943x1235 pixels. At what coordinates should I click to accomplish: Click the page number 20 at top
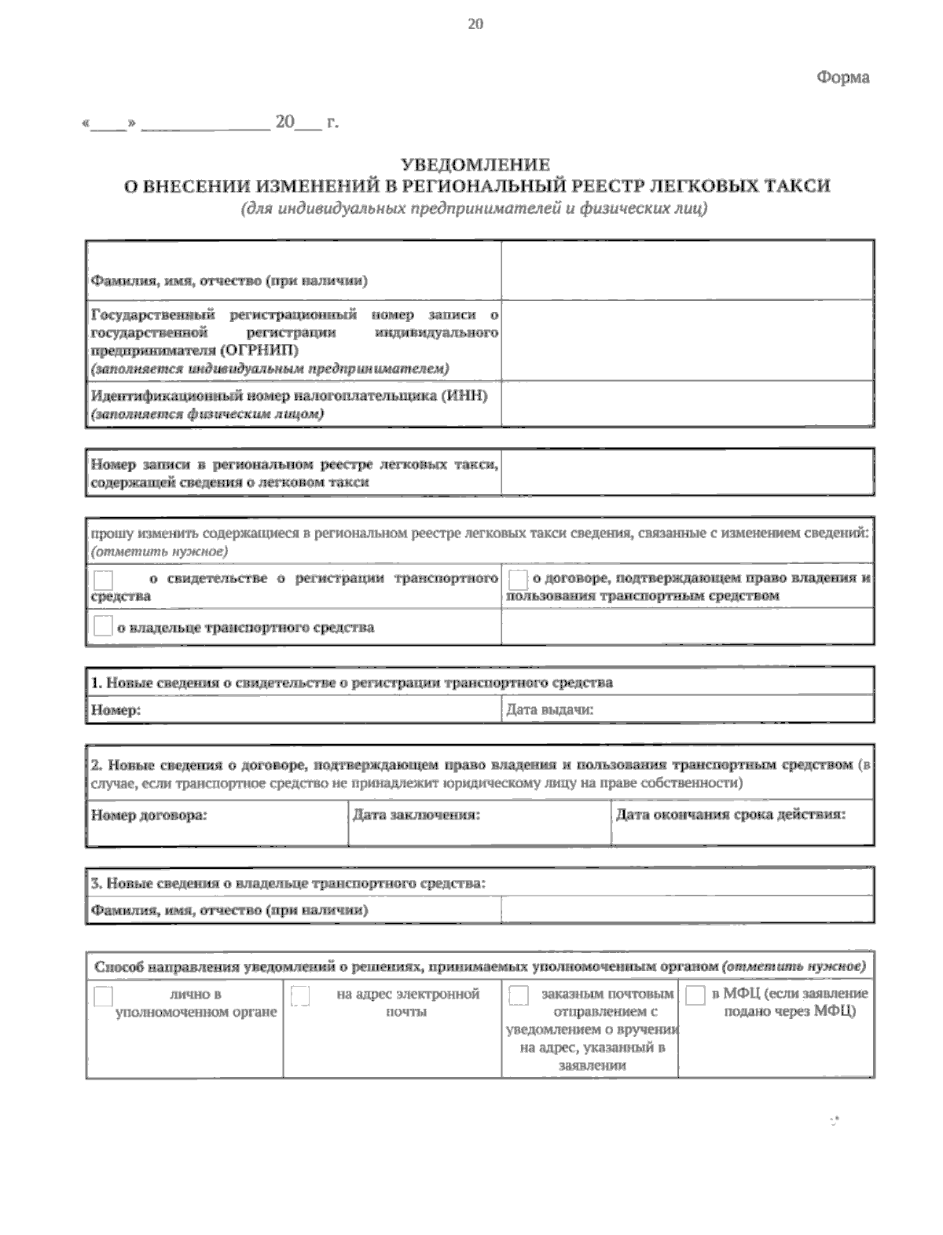click(475, 24)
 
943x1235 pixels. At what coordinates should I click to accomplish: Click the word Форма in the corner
click(842, 78)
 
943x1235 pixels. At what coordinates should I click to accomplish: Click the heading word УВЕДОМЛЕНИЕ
click(475, 164)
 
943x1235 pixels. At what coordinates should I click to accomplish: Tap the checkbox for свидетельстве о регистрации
click(103, 581)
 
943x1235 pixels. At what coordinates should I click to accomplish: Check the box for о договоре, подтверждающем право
click(518, 581)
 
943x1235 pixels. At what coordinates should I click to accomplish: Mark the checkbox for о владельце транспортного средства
click(103, 627)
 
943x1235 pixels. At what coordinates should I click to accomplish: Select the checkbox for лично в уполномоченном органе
click(103, 996)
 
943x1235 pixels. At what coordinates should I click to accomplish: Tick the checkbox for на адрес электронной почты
click(300, 996)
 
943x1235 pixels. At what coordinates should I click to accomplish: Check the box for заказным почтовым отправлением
click(519, 996)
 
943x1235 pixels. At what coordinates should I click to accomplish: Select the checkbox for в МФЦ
click(695, 996)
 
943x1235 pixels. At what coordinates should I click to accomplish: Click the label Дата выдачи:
click(549, 710)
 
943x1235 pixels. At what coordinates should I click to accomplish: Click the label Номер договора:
click(149, 815)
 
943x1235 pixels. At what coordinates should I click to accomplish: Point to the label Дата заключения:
click(416, 815)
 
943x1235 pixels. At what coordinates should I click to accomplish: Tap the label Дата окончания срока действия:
click(731, 815)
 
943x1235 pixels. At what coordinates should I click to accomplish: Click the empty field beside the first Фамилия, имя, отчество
click(687, 270)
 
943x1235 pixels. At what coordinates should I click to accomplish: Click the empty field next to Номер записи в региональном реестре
click(687, 472)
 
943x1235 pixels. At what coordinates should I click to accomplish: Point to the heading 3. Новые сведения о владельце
click(288, 883)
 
